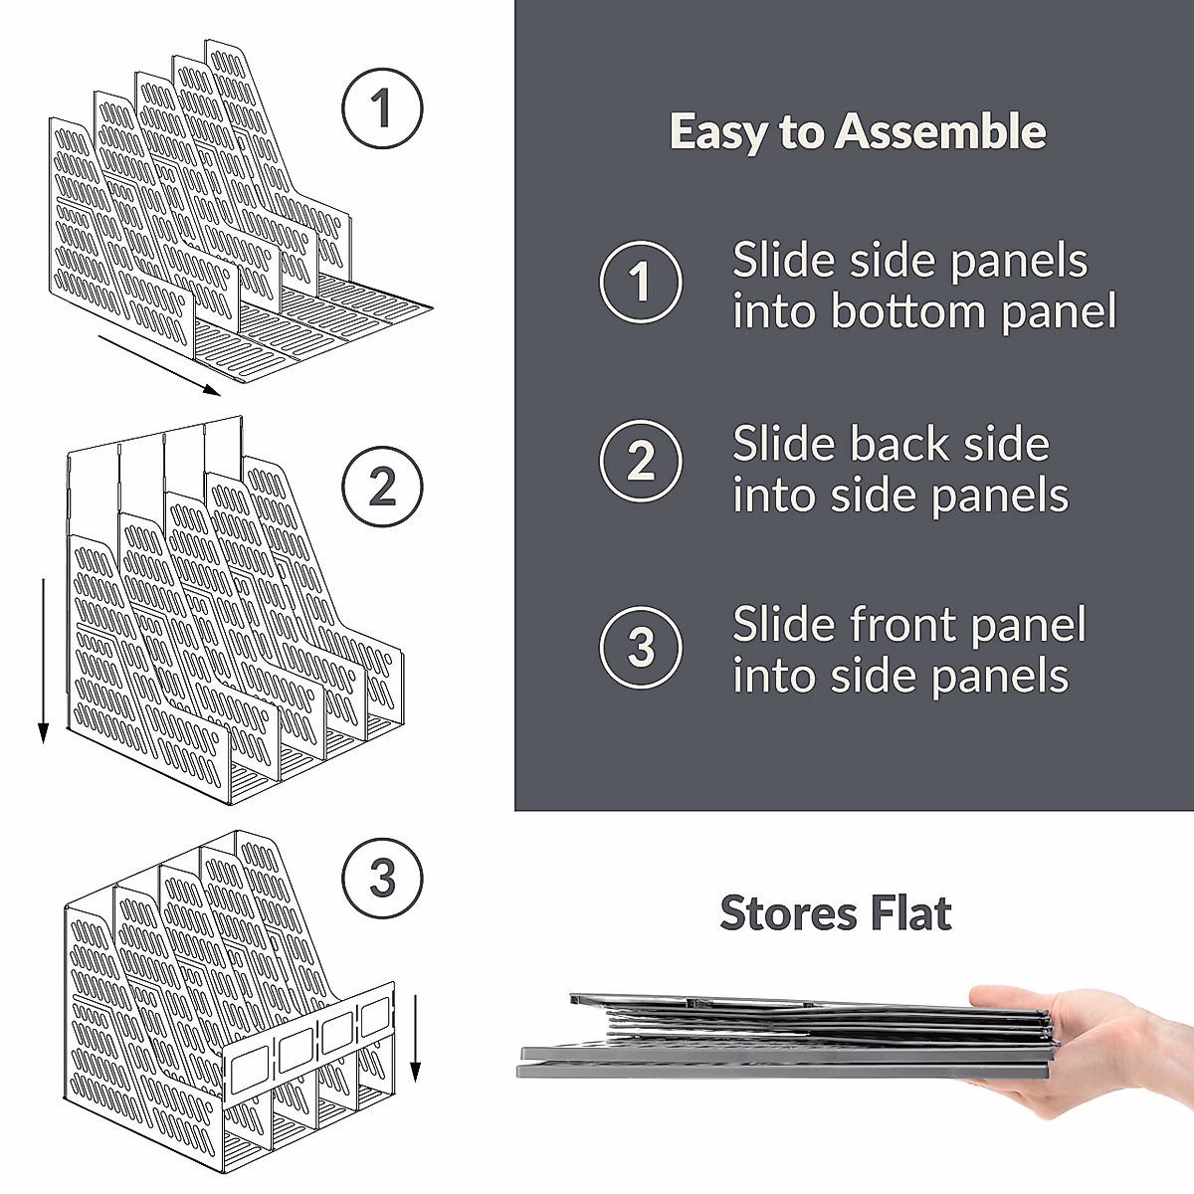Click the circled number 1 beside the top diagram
pos(382,108)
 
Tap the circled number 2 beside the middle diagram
pos(382,487)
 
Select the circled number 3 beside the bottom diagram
pos(382,879)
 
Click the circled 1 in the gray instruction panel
pos(641,282)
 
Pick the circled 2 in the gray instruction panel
pos(641,462)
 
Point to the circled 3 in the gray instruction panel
pos(641,648)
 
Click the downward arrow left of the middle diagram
pos(43,662)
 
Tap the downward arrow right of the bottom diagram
pos(415,1035)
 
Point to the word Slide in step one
pos(782,261)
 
